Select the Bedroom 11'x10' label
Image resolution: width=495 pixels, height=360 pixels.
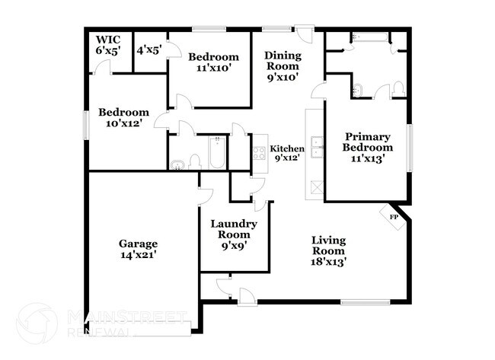coord(212,62)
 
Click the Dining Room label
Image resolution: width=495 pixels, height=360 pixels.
coord(283,65)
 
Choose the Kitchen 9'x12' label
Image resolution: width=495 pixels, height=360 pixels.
coord(287,153)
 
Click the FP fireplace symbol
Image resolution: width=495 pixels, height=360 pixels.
coord(394,218)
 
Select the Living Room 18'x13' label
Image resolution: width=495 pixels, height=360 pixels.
coord(329,250)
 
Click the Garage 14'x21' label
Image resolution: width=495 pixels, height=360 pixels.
coord(138,250)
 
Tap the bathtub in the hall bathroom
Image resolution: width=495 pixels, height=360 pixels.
coord(216,153)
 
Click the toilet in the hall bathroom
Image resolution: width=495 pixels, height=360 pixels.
coord(195,162)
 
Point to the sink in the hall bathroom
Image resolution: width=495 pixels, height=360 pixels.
coord(177,164)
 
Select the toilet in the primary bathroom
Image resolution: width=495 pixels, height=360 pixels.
coord(397,92)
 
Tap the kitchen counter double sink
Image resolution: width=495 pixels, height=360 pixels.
coord(319,152)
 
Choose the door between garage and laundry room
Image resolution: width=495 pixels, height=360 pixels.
coord(200,196)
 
